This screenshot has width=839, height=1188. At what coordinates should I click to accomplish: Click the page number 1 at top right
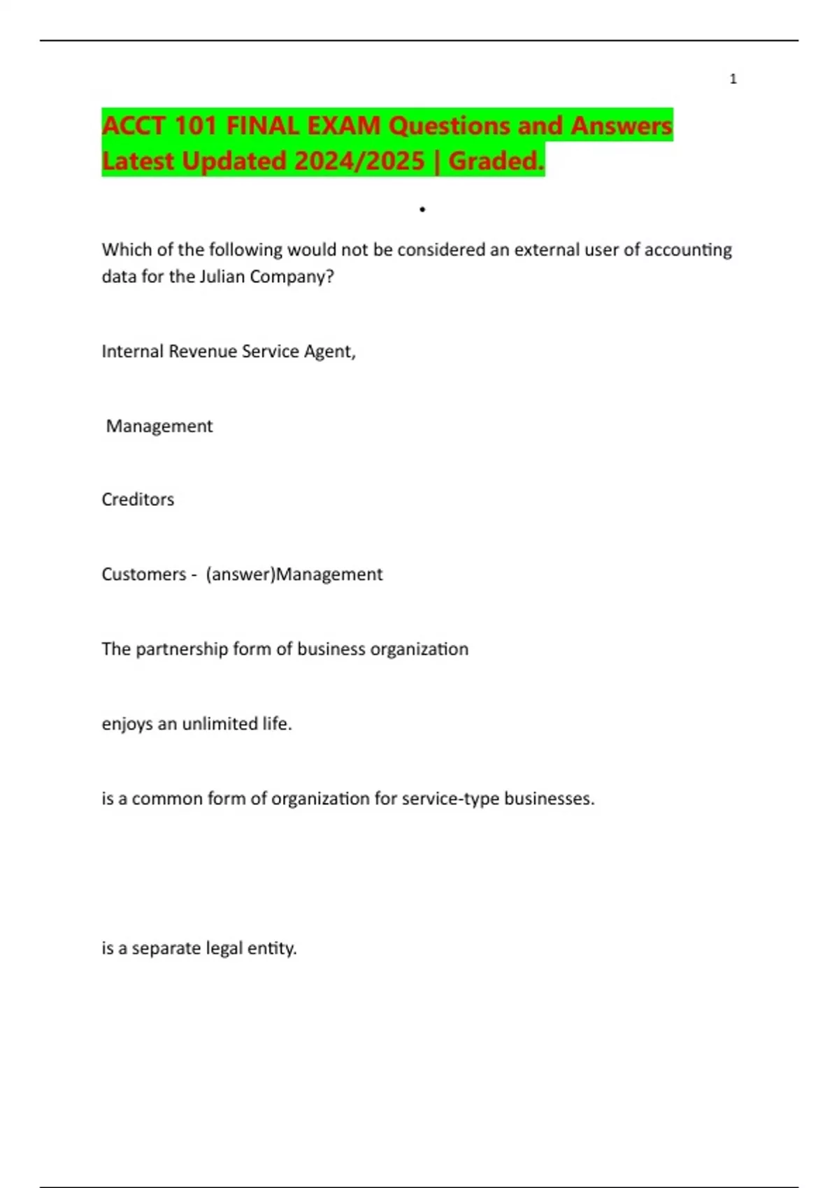click(733, 79)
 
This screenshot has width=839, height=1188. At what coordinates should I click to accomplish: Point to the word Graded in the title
click(494, 161)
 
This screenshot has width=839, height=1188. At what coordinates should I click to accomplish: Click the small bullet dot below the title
click(422, 209)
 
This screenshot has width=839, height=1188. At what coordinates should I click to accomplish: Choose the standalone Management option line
click(159, 426)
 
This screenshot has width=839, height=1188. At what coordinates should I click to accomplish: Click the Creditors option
click(138, 500)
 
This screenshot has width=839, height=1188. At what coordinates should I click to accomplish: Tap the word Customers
click(143, 574)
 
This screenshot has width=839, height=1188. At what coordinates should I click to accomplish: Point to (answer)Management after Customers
click(294, 574)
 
